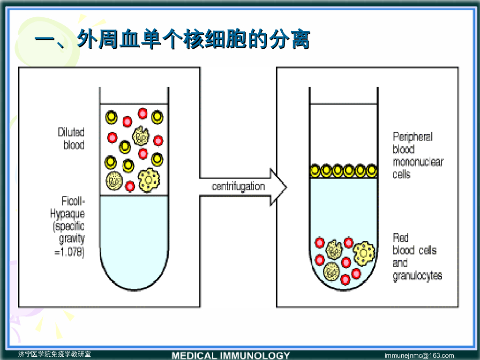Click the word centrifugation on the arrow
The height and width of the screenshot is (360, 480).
(238, 187)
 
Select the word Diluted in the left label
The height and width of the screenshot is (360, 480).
(71, 133)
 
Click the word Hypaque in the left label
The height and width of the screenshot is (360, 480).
(67, 214)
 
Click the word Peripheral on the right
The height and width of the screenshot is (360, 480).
(412, 137)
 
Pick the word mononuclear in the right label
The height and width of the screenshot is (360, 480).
(418, 162)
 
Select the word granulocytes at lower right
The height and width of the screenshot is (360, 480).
(417, 276)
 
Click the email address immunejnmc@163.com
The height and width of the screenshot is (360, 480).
(419, 355)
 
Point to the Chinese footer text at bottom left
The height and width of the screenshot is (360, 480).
(54, 354)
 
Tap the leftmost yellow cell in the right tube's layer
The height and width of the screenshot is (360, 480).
(315, 169)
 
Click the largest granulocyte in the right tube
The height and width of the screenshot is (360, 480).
(363, 253)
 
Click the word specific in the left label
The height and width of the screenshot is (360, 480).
(69, 227)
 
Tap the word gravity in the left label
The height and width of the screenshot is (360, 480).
(72, 240)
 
